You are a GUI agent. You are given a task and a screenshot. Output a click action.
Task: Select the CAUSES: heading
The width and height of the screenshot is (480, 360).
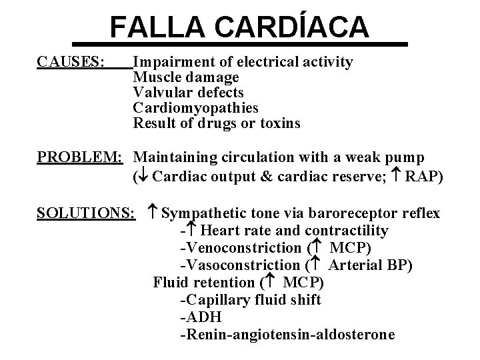(x=71, y=62)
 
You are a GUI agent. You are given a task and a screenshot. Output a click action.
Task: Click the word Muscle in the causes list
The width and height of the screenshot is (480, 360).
(x=156, y=77)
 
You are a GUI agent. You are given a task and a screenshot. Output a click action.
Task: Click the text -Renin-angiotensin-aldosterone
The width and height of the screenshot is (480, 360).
(x=287, y=335)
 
